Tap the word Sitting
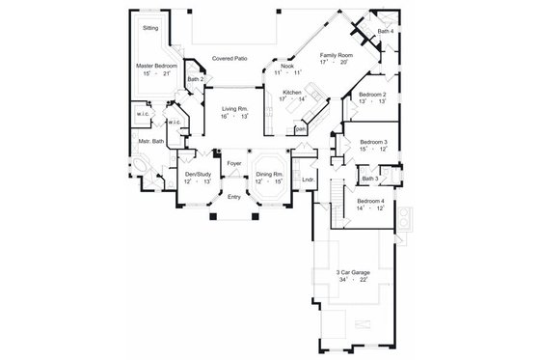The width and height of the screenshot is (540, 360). click(x=150, y=29)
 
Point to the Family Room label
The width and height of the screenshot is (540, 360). click(x=337, y=57)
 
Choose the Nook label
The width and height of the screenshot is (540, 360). click(x=286, y=67)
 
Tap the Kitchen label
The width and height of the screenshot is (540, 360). click(x=292, y=92)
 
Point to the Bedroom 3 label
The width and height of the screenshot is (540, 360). click(x=373, y=142)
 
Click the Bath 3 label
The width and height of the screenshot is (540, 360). click(x=369, y=179)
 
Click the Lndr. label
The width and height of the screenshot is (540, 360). click(x=308, y=180)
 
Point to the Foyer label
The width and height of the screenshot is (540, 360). click(x=233, y=163)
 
